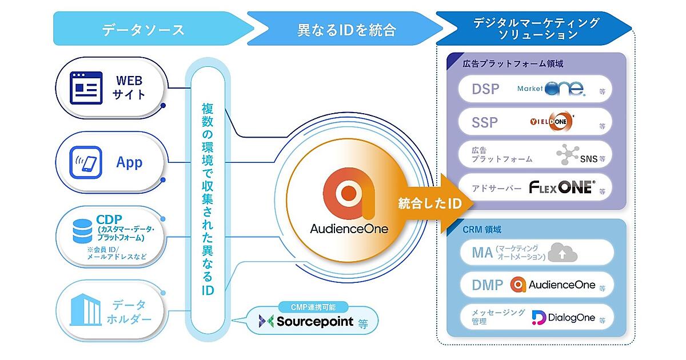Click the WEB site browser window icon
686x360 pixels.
(86, 87)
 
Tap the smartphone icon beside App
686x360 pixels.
(86, 162)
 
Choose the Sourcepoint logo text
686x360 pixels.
(314, 321)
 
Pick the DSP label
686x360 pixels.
(485, 89)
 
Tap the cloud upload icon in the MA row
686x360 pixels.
(563, 252)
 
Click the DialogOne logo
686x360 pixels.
(563, 317)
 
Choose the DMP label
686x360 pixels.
(488, 285)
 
